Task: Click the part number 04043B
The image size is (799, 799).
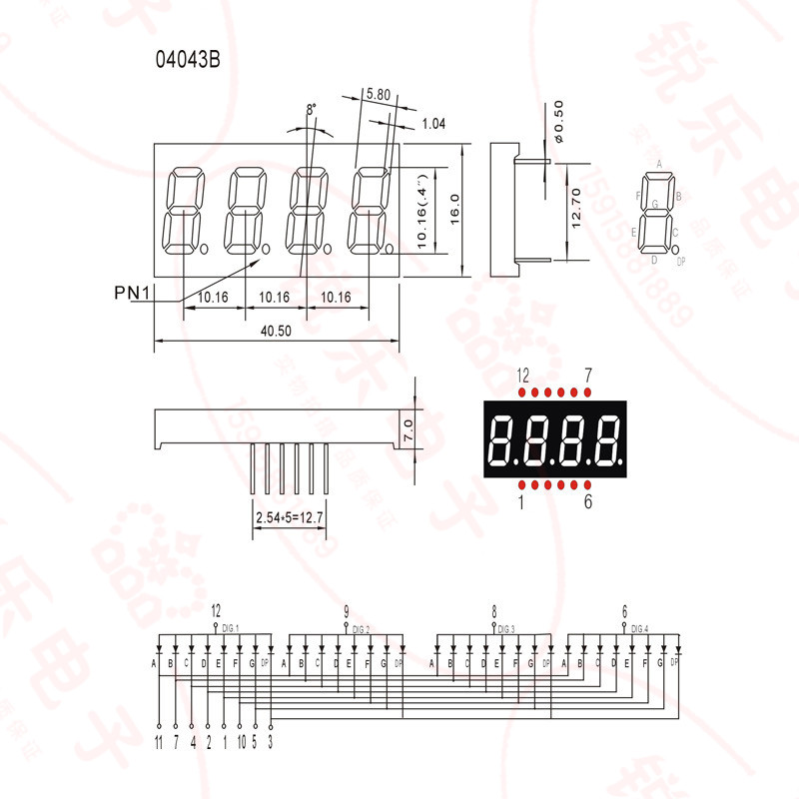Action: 187,59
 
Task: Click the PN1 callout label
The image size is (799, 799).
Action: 132,292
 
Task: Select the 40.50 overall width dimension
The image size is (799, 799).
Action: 275,332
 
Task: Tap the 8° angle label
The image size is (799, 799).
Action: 311,108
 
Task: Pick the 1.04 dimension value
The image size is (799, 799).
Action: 432,124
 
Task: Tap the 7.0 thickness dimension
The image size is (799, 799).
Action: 408,430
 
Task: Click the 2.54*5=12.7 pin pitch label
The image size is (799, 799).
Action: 291,518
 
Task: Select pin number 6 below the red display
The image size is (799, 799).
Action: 588,502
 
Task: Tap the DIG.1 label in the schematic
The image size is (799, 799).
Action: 230,628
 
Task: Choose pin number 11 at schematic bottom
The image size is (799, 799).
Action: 158,741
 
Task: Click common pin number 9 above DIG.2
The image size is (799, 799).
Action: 346,611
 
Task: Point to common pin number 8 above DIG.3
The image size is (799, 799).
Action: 494,611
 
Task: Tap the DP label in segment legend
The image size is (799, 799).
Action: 681,262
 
